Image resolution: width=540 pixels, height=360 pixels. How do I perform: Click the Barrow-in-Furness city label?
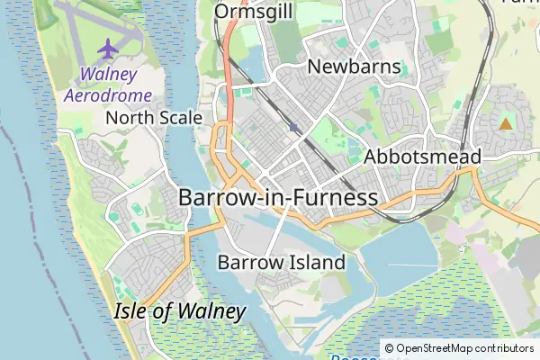point(277,197)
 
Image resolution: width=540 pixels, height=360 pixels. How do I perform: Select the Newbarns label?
point(346,67)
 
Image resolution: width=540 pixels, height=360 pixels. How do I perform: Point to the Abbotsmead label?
point(423,157)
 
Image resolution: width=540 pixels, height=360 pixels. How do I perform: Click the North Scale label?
point(148,118)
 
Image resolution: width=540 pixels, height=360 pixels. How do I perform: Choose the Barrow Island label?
point(281,263)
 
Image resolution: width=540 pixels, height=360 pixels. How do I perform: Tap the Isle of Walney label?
point(180,311)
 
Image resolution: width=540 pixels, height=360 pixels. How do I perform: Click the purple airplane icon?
point(109,46)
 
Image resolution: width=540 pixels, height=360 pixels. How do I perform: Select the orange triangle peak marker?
point(505,124)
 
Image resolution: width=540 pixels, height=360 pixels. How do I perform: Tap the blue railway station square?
point(294,128)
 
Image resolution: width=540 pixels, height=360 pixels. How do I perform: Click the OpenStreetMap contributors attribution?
point(459,348)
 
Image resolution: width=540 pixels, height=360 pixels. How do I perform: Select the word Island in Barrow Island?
point(314,263)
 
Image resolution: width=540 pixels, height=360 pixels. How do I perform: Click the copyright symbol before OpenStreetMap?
point(390,348)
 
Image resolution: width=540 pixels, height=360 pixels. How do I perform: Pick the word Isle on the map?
point(132,311)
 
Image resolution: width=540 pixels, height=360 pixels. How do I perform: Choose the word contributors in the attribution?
point(503,348)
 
